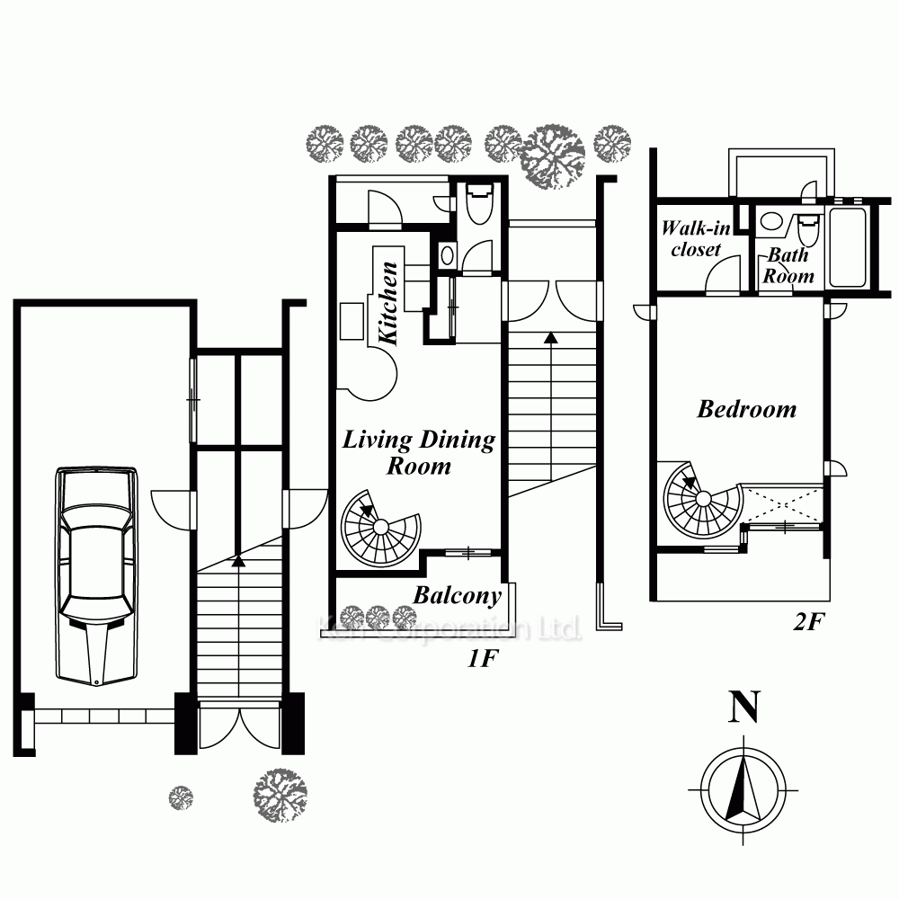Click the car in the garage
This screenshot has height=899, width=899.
click(x=96, y=575)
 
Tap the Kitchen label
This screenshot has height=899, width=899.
click(x=388, y=303)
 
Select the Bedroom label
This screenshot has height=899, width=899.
click(x=746, y=409)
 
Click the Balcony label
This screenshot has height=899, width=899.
click(x=457, y=596)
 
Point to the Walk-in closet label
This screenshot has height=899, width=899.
click(x=696, y=238)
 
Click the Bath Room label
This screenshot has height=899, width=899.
click(x=788, y=265)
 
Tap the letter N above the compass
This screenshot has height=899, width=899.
click(x=743, y=707)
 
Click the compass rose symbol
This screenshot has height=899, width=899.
click(x=743, y=789)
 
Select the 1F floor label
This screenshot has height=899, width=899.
click(x=483, y=659)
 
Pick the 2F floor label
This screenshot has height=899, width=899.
click(x=808, y=621)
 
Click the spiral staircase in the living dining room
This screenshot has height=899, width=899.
click(x=380, y=527)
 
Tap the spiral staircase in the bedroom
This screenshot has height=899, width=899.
click(x=703, y=499)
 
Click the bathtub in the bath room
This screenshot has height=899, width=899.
click(x=848, y=247)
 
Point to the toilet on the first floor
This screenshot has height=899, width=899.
click(x=479, y=202)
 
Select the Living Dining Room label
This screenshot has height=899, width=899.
click(x=419, y=452)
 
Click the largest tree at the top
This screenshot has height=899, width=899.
click(x=552, y=156)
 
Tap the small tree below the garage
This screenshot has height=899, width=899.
click(x=181, y=797)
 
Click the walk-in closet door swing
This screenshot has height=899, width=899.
click(x=723, y=274)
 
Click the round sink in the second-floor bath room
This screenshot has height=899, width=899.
click(x=772, y=221)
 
